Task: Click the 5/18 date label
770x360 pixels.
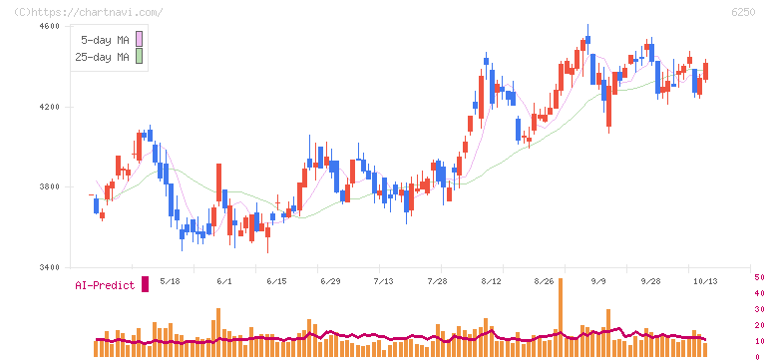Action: pyautogui.click(x=170, y=281)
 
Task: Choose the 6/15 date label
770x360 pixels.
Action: pyautogui.click(x=276, y=281)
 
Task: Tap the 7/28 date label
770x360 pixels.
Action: pyautogui.click(x=437, y=281)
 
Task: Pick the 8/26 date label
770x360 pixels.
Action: pyautogui.click(x=544, y=281)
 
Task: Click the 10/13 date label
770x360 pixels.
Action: pyautogui.click(x=705, y=281)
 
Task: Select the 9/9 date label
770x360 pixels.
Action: pyautogui.click(x=599, y=281)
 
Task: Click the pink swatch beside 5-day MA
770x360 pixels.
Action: pyautogui.click(x=139, y=39)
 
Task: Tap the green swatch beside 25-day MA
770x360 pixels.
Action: pyautogui.click(x=139, y=56)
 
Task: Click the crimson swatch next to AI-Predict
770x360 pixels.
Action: pyautogui.click(x=145, y=284)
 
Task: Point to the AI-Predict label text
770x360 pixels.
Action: pyautogui.click(x=105, y=285)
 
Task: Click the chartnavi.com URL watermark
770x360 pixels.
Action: pyautogui.click(x=89, y=12)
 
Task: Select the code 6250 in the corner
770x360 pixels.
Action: pyautogui.click(x=743, y=12)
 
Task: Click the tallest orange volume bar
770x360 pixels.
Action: pyautogui.click(x=561, y=317)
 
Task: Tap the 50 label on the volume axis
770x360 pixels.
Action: pyautogui.click(x=759, y=277)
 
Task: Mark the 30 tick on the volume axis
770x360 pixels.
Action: pyautogui.click(x=759, y=309)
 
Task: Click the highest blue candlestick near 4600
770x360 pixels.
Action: pyautogui.click(x=587, y=40)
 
